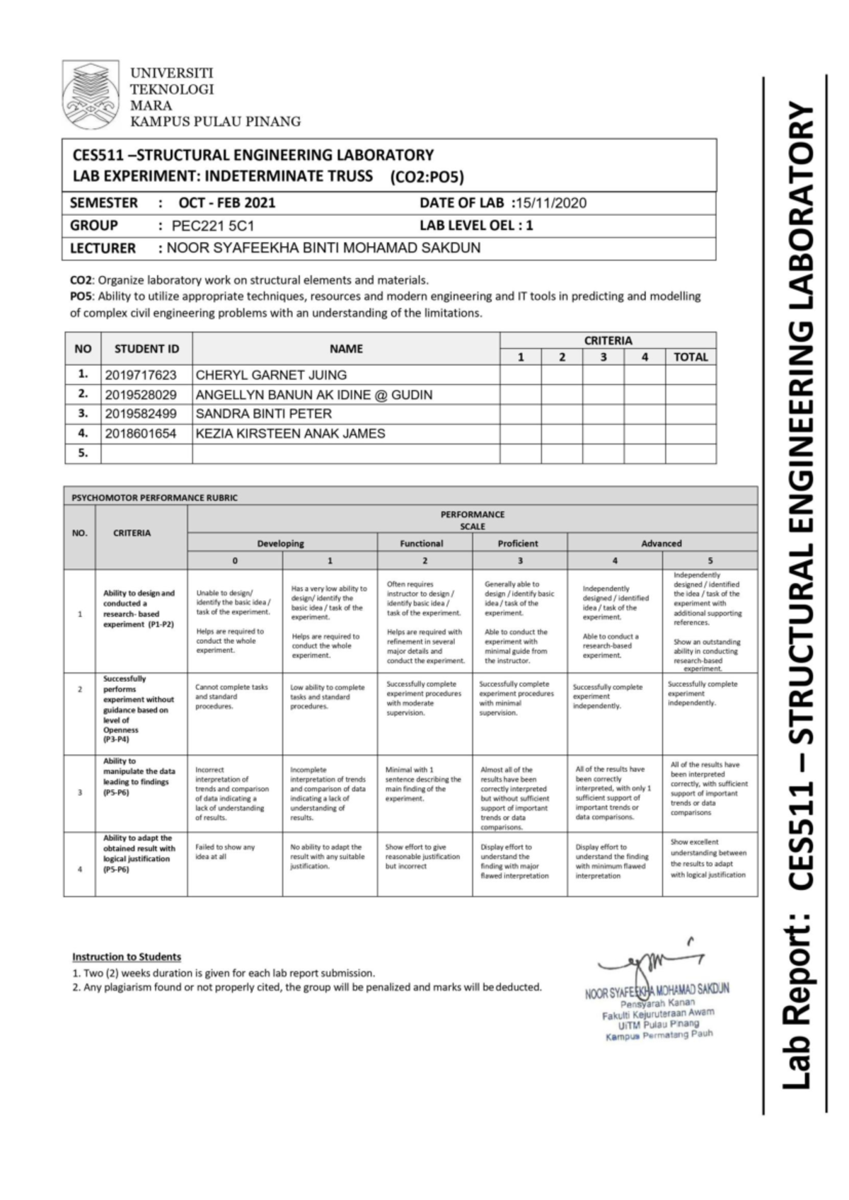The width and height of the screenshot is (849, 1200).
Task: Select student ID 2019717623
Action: [141, 375]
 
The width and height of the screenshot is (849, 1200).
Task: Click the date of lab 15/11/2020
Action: [552, 203]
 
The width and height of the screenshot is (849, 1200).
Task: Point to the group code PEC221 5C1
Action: [213, 226]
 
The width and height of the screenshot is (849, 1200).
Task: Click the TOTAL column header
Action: [690, 357]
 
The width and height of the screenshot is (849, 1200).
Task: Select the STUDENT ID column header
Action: [146, 349]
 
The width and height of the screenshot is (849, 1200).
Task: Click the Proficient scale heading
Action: [518, 543]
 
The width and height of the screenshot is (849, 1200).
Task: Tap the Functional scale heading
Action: [422, 543]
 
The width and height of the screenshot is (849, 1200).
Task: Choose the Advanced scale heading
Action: [661, 543]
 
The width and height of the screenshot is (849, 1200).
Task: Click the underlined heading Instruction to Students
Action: [127, 957]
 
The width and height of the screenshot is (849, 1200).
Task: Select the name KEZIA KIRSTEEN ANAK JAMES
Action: [290, 433]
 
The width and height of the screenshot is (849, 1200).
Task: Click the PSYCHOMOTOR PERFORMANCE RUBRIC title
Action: [154, 497]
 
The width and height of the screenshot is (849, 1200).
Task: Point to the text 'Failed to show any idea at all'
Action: [225, 851]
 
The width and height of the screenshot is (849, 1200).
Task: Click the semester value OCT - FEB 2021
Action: [226, 203]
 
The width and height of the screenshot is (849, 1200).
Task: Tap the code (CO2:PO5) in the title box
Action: [426, 177]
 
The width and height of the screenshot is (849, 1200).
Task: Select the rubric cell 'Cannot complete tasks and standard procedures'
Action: [231, 696]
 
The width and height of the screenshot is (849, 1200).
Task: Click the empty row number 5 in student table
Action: [83, 453]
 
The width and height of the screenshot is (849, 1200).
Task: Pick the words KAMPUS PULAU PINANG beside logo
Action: [215, 122]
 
